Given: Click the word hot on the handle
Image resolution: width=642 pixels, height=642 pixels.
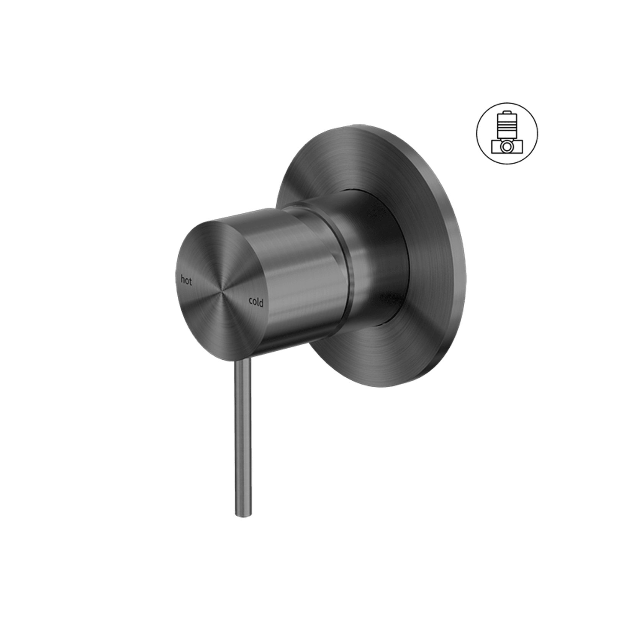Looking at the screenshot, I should click(x=186, y=281).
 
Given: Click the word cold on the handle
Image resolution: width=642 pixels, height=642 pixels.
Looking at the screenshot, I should click(x=256, y=302).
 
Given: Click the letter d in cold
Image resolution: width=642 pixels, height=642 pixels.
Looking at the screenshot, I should click(x=262, y=303).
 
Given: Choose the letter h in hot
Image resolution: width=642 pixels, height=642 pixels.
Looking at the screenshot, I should click(x=183, y=280).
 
